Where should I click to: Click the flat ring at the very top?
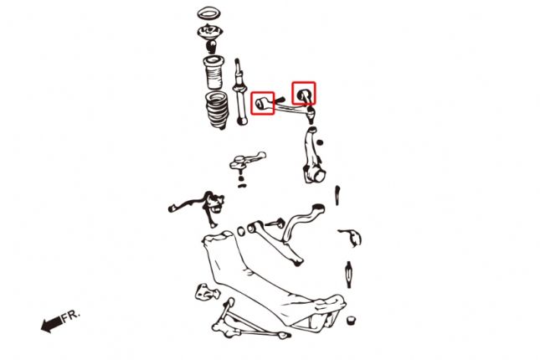(208, 14)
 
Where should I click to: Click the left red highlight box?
(264, 102)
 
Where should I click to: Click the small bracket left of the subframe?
(203, 292)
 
